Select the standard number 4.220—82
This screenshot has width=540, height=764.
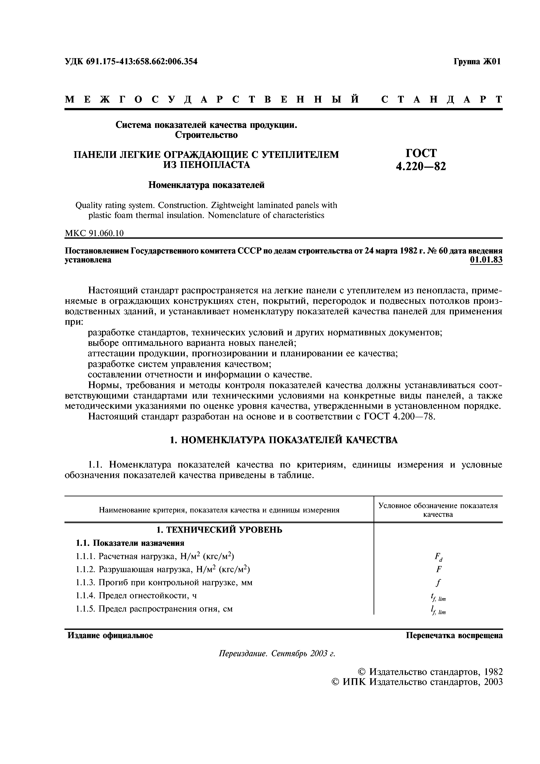coord(421,166)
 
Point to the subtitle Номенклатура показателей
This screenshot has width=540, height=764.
coord(206,185)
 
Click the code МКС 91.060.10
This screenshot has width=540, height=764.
coord(94,234)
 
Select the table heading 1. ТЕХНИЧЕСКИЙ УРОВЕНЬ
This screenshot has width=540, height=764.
coord(219,529)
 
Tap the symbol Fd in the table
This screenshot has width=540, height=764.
coord(438,556)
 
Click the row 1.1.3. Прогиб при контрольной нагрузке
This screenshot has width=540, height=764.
coord(164,582)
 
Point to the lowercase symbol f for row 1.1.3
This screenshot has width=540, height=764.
coord(438,582)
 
